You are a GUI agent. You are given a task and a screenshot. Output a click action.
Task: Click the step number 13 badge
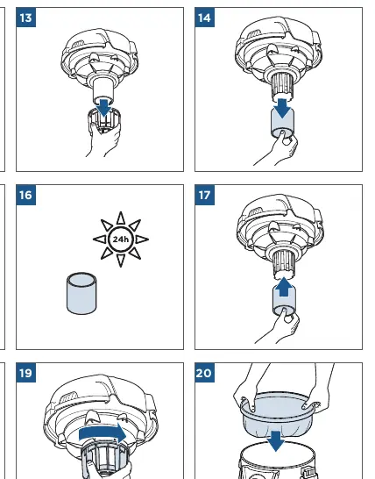click(x=26, y=18)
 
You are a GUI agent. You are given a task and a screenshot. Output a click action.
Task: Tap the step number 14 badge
click(x=204, y=18)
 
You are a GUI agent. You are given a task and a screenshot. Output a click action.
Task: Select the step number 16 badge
click(x=26, y=195)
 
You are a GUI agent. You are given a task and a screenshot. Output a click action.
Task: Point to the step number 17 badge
click(x=204, y=195)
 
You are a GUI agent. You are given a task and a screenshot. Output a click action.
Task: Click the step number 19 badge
click(x=26, y=373)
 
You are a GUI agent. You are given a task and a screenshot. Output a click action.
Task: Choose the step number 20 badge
click(x=204, y=373)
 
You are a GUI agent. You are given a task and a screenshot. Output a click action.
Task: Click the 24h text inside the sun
click(x=121, y=239)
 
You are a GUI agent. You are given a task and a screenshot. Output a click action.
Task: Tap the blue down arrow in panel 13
click(x=104, y=107)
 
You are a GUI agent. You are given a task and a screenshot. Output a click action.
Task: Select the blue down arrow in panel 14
click(x=282, y=108)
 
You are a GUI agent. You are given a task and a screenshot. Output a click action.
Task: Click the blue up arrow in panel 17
click(x=284, y=287)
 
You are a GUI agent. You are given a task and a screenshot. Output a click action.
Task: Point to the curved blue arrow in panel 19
click(x=103, y=433)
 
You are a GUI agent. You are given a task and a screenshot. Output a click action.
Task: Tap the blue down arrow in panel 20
click(x=276, y=440)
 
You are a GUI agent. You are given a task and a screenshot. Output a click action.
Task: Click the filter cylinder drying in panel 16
click(x=81, y=293)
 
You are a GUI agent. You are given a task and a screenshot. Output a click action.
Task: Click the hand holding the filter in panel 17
click(x=279, y=327)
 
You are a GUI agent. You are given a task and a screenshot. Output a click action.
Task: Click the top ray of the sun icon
click(x=121, y=218)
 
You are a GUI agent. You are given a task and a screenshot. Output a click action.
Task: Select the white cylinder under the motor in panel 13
click(x=103, y=90)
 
